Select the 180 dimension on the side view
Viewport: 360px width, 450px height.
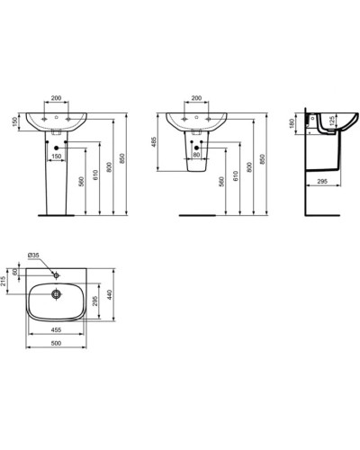point(292,124)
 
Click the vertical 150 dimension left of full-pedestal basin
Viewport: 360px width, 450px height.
point(15,122)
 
